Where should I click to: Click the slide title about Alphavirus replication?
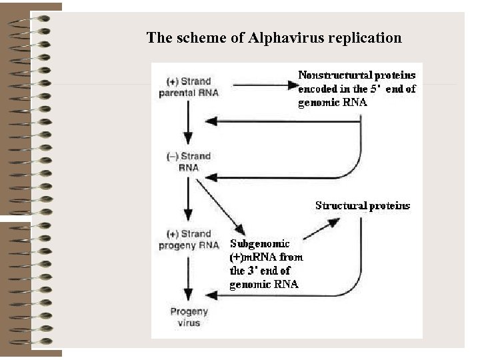pyautogui.click(x=274, y=37)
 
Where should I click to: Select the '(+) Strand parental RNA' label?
pyautogui.click(x=189, y=87)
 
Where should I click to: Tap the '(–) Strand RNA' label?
pyautogui.click(x=189, y=161)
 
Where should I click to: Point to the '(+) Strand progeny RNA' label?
pyautogui.click(x=189, y=239)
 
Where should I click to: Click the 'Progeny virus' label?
pyautogui.click(x=189, y=317)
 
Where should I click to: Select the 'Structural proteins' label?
pyautogui.click(x=363, y=205)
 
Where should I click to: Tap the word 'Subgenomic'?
pyautogui.click(x=260, y=243)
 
